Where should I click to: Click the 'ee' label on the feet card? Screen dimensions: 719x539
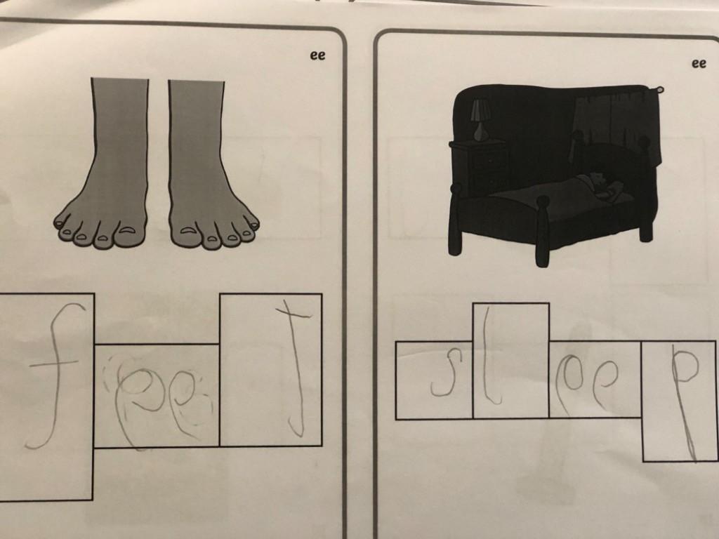(317, 55)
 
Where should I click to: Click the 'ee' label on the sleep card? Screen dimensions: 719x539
(699, 64)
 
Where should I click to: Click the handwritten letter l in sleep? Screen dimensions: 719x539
(489, 357)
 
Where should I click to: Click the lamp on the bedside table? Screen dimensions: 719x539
(480, 120)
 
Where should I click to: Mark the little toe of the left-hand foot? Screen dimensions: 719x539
(60, 223)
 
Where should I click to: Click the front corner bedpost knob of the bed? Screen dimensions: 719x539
(543, 201)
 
